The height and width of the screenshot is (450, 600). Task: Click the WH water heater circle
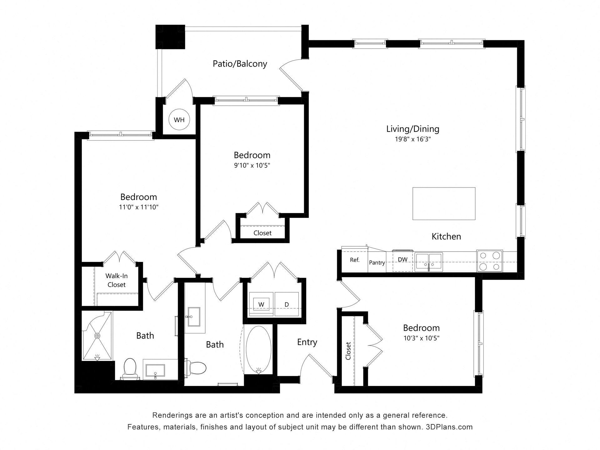179,120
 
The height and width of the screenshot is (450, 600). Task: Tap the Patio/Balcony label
240,64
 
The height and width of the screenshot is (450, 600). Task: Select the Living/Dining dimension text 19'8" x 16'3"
413,139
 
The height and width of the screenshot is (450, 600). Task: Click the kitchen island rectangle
444,203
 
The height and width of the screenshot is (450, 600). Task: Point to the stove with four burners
489,261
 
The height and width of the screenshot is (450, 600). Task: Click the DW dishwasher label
402,259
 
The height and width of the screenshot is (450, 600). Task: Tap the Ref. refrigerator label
355,260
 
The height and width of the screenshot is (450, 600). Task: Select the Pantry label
377,262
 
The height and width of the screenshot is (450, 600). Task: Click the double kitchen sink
428,262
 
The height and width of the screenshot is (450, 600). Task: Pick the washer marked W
261,304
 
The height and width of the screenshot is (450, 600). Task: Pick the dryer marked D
286,304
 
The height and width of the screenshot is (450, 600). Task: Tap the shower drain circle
97,336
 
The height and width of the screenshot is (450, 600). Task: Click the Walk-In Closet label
116,280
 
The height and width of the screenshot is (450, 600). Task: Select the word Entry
307,342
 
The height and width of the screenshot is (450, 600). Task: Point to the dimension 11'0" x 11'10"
138,207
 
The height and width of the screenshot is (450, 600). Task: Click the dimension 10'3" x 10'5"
421,338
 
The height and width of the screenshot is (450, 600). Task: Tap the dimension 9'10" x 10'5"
252,165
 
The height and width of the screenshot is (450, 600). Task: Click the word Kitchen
446,237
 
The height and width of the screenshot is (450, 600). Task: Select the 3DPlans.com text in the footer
449,427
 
